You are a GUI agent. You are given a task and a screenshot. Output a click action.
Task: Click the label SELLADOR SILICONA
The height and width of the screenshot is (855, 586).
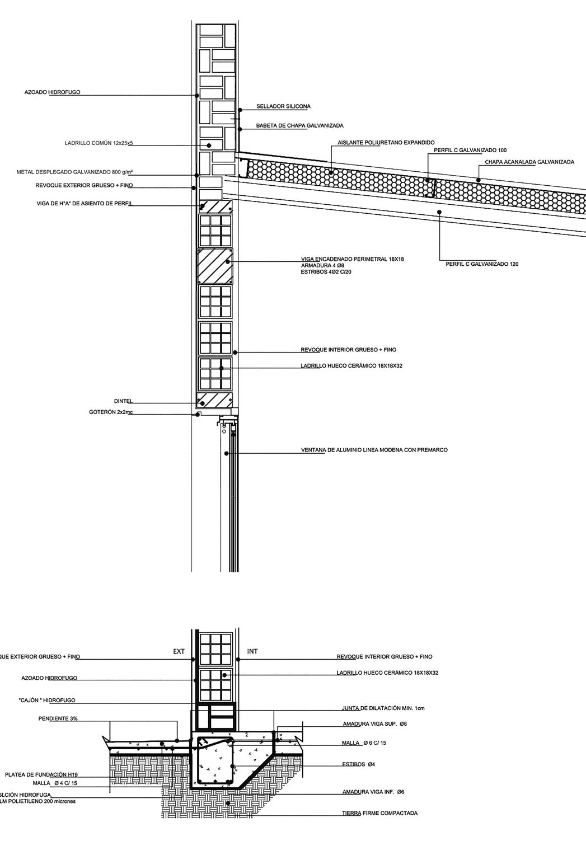283,106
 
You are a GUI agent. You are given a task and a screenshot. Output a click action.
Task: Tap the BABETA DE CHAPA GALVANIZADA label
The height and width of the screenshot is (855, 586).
299,126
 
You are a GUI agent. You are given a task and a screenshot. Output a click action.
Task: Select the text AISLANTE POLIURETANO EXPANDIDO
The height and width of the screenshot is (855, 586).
386,143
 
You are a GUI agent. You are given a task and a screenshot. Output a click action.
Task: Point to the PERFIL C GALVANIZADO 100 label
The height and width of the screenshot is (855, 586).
470,150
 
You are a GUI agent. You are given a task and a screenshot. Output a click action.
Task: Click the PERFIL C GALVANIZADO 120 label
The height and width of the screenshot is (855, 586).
482,264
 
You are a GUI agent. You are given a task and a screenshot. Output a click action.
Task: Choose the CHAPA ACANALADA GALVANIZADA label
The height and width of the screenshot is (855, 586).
529,162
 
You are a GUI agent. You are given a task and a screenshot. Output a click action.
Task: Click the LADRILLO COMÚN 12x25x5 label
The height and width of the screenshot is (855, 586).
99,143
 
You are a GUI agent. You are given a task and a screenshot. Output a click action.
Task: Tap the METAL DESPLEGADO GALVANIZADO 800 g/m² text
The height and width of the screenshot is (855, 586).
74,172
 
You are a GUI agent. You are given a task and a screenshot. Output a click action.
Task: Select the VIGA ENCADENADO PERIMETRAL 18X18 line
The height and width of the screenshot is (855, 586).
352,259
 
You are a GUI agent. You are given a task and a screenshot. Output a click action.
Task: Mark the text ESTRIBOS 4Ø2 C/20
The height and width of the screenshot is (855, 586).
326,272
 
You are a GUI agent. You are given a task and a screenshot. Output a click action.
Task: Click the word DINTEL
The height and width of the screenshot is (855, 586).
123,401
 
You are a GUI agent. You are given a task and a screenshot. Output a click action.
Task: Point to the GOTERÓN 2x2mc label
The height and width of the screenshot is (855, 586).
111,412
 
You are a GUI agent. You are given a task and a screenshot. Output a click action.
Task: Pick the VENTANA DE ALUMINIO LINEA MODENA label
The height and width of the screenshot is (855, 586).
374,450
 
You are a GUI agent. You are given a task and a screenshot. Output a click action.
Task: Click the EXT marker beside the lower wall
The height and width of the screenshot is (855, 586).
179,651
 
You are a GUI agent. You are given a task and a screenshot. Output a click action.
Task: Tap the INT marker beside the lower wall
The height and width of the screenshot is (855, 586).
252,651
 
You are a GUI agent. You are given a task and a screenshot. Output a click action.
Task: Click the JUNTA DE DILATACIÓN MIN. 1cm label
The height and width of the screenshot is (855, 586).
383,708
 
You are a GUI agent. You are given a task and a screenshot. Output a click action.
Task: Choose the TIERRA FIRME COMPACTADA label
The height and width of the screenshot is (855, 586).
379,814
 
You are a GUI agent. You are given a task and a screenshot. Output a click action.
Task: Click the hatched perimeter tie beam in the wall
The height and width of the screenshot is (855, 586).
215,266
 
